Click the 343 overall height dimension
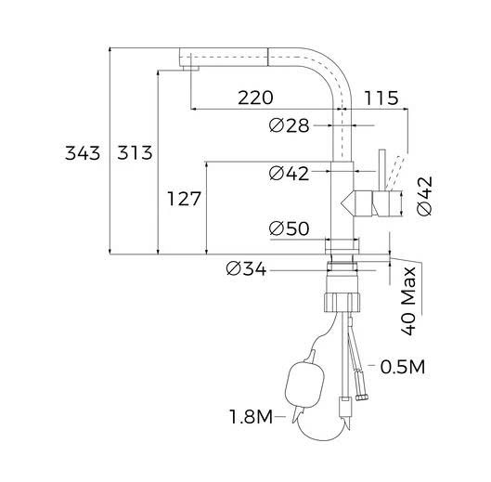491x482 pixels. click(83, 153)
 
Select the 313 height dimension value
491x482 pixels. click(135, 153)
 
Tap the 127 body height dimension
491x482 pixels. click(184, 199)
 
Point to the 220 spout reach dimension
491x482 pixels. click(255, 98)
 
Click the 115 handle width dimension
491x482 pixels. click(381, 98)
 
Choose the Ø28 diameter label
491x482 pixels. click(289, 125)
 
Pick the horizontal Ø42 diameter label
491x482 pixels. click(289, 173)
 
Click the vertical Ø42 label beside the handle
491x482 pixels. click(425, 197)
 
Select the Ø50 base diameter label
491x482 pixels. click(289, 228)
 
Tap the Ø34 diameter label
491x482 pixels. click(246, 269)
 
